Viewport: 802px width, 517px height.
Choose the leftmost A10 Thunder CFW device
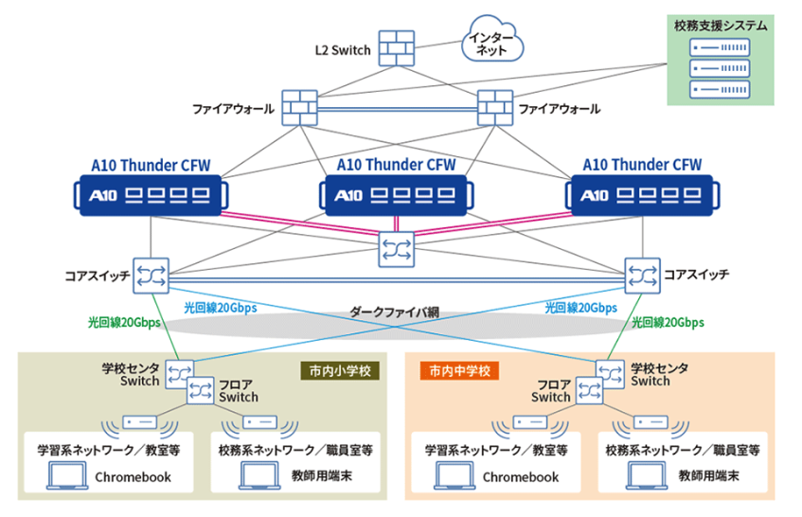coord(151,194)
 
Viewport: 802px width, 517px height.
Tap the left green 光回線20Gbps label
coord(124,322)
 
